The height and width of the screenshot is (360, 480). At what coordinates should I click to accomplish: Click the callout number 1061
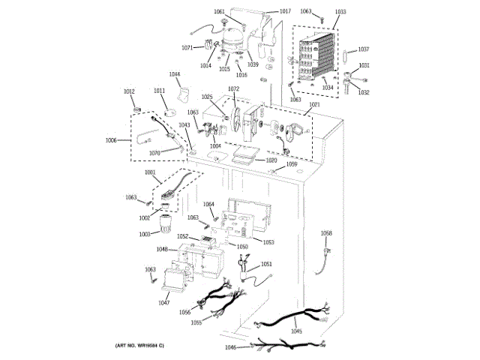click(219, 11)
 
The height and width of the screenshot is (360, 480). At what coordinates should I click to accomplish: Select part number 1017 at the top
click(285, 11)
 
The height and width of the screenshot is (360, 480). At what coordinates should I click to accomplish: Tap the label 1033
click(340, 12)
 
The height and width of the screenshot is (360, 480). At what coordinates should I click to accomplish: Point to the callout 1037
click(364, 49)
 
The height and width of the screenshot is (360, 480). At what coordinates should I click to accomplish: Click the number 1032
click(364, 92)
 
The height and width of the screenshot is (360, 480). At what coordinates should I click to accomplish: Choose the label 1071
click(187, 47)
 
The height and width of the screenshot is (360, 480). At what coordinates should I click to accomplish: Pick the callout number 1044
click(175, 74)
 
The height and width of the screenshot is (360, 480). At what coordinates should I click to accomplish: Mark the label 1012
click(129, 91)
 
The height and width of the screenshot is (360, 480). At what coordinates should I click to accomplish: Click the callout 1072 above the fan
click(233, 89)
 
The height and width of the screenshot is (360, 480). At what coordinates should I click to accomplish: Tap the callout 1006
click(111, 140)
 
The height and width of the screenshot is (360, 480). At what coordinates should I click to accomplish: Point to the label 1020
click(271, 160)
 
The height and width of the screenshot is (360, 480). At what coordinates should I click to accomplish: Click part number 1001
click(150, 173)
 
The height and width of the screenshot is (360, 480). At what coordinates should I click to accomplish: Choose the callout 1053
click(268, 241)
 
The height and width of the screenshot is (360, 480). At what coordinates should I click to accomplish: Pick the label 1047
click(163, 303)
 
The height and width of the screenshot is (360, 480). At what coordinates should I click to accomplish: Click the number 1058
click(325, 233)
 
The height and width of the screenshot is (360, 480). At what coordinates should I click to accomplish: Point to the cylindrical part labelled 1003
click(163, 223)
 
